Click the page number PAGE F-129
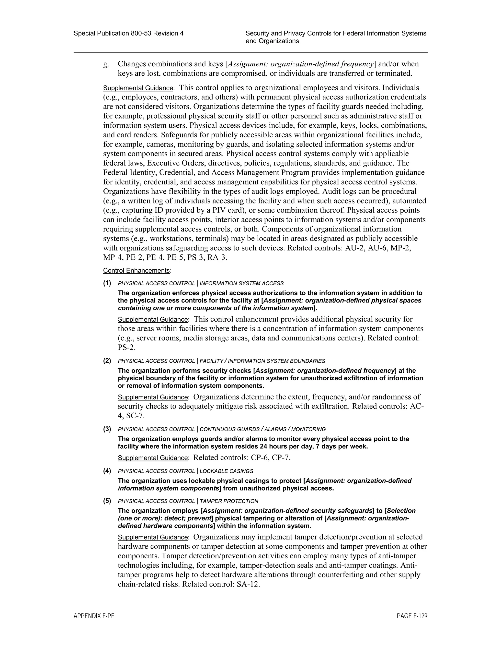coord(412,616)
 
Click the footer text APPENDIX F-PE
coord(94,616)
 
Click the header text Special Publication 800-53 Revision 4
coord(128,33)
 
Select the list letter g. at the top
coord(106,64)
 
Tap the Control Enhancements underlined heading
coord(137,271)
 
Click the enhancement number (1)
coord(107,283)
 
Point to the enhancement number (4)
coord(107,471)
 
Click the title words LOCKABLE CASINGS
coord(226,471)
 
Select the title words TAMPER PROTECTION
coord(229,501)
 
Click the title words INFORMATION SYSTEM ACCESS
coord(242,284)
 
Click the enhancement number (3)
coord(107,429)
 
